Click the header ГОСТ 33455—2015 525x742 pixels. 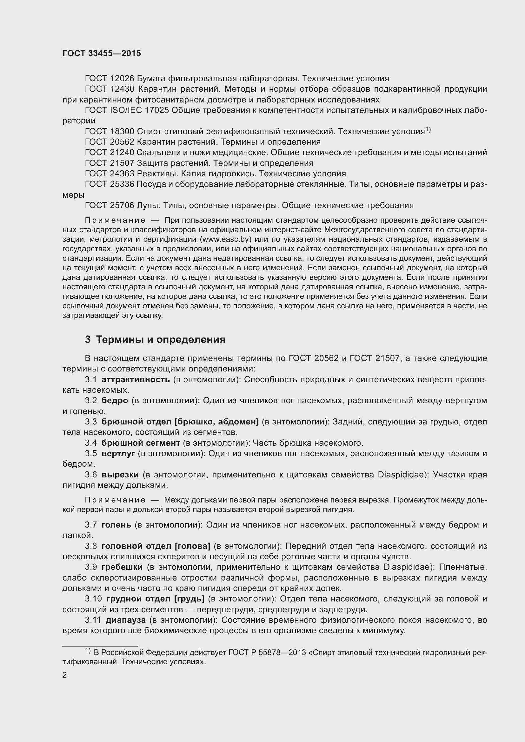[102, 54]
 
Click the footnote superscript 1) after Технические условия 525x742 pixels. [428, 130]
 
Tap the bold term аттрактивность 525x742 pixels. [136, 380]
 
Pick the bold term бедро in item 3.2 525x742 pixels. [115, 401]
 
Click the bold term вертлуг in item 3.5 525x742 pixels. [118, 454]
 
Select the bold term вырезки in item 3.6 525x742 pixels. [120, 475]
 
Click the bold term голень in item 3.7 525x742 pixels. [116, 525]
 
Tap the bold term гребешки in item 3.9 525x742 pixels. [122, 567]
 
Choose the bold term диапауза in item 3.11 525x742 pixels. [126, 620]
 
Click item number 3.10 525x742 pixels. [93, 599]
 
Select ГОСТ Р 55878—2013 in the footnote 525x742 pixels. [267, 653]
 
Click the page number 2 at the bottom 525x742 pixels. [65, 675]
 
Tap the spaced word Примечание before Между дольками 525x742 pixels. [115, 500]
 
